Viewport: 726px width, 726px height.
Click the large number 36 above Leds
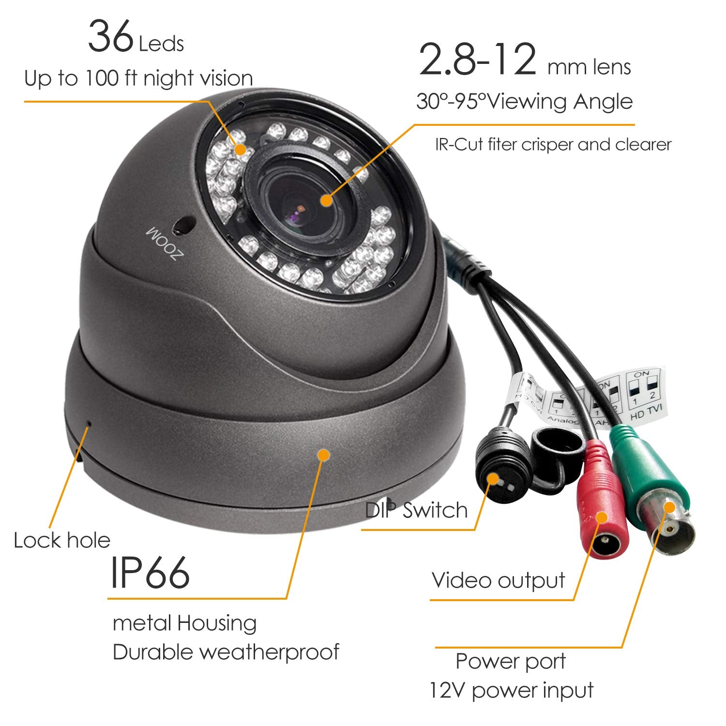click(110, 36)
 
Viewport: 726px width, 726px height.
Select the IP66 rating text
click(150, 573)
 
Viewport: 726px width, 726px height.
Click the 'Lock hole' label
click(62, 540)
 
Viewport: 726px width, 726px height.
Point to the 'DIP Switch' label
click(416, 510)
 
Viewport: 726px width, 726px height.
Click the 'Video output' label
click(498, 580)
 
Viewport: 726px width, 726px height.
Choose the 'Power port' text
click(511, 661)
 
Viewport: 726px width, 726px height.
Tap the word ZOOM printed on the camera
click(163, 244)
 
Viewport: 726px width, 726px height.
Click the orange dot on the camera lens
click(326, 199)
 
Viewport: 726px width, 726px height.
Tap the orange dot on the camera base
click(323, 454)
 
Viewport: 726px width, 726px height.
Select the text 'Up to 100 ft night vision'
click(138, 78)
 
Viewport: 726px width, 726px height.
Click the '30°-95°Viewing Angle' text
click(524, 102)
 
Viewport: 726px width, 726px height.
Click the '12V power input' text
click(511, 690)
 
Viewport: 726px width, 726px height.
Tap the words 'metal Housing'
click(184, 623)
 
